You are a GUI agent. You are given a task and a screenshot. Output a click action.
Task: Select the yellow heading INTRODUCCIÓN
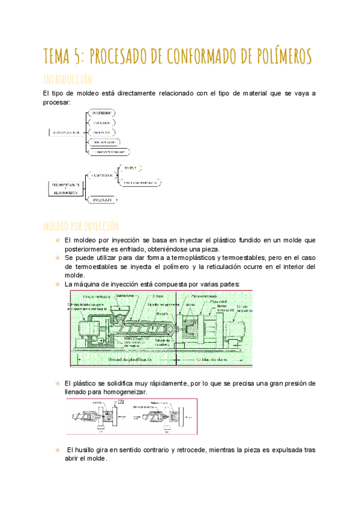pyautogui.click(x=67, y=79)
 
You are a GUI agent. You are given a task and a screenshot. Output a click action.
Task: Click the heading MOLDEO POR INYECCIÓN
pyautogui.click(x=81, y=226)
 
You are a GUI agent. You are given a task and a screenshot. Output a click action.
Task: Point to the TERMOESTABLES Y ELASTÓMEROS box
pyautogui.click(x=65, y=187)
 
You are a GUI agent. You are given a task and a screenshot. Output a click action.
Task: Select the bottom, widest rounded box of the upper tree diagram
pyautogui.click(x=109, y=152)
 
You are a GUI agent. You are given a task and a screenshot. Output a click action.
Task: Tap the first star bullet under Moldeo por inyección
pyautogui.click(x=57, y=240)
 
